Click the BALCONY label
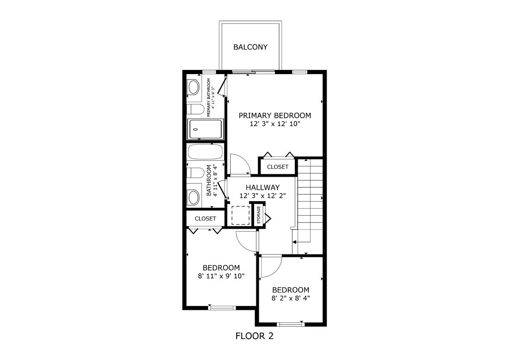point(251,47)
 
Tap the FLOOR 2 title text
point(254,336)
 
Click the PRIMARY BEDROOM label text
point(275,115)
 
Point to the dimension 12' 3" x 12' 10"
point(275,124)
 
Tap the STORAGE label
point(258,215)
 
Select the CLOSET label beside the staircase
point(277,167)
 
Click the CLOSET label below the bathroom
point(205,218)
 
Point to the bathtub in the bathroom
point(205,152)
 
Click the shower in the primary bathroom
point(205,129)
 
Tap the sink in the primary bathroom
point(193,88)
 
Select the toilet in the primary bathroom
point(195,110)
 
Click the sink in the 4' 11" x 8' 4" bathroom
point(193,197)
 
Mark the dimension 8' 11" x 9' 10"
point(221,276)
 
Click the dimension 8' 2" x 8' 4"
point(291,298)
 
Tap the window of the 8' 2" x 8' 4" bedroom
point(291,324)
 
